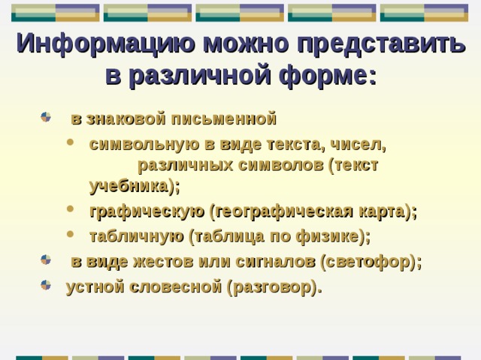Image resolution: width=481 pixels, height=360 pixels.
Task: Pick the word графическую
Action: (x=147, y=211)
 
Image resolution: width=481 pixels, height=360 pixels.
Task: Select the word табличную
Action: (x=136, y=236)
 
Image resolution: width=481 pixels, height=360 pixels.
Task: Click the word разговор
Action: (x=271, y=286)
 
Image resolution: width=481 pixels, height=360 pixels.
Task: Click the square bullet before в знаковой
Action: (x=47, y=118)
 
